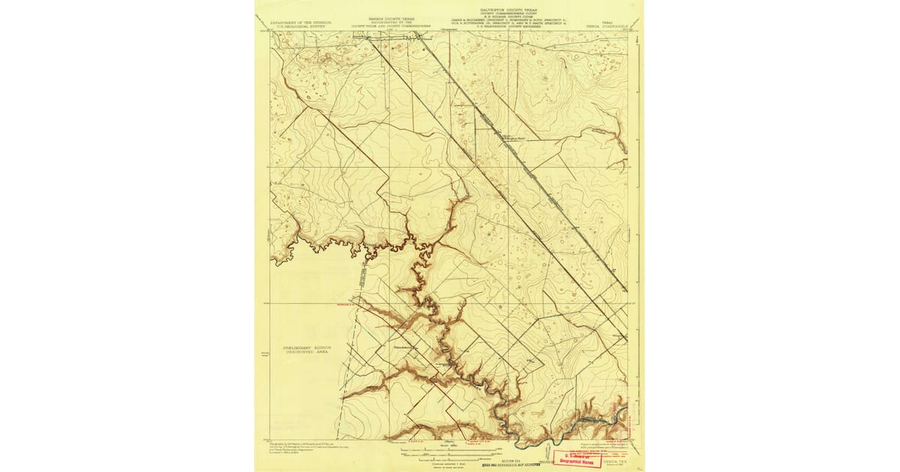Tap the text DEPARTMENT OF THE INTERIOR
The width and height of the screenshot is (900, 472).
pyautogui.click(x=301, y=22)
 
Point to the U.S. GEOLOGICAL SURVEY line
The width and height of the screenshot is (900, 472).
pyautogui.click(x=301, y=25)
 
